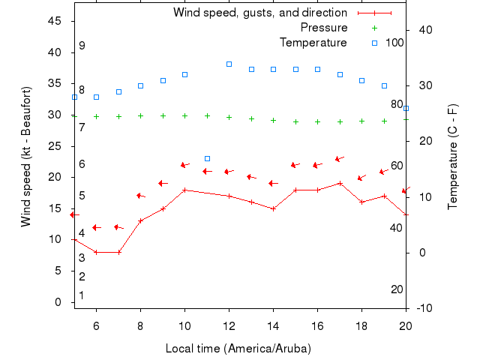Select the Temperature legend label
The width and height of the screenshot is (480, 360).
click(x=313, y=42)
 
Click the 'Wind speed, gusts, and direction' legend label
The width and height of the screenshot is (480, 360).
click(x=259, y=13)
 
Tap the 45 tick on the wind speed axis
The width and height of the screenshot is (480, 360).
click(x=55, y=21)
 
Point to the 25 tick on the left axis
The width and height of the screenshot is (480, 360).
click(x=55, y=146)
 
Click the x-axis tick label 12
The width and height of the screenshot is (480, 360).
click(x=229, y=325)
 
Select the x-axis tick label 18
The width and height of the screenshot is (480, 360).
click(x=361, y=325)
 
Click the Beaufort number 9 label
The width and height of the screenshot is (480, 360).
click(x=82, y=46)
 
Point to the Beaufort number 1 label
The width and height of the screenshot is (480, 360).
click(x=82, y=295)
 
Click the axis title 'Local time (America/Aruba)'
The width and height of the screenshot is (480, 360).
click(x=238, y=349)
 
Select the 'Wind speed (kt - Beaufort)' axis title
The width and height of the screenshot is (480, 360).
click(x=26, y=156)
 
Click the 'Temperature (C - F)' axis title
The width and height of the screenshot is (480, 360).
click(x=453, y=156)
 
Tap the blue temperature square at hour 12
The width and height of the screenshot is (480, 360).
click(x=229, y=64)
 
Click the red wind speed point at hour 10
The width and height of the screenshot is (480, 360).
click(x=184, y=190)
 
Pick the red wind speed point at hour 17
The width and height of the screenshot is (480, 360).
click(x=340, y=183)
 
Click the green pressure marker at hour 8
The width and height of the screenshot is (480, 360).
click(x=140, y=116)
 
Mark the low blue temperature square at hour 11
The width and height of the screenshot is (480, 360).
click(x=207, y=158)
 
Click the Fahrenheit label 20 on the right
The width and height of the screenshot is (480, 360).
click(x=397, y=289)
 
